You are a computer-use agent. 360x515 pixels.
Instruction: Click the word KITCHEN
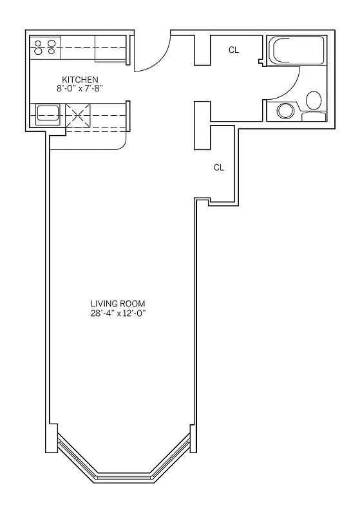(80, 80)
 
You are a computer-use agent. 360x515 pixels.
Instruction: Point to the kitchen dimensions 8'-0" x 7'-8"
(80, 89)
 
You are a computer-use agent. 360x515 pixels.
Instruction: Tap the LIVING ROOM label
(118, 304)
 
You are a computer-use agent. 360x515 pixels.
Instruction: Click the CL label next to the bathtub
(234, 50)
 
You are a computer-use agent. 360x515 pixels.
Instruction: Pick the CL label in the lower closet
(219, 167)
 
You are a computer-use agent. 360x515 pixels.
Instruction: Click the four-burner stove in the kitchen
(45, 46)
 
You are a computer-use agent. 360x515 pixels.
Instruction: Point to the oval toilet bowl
(314, 100)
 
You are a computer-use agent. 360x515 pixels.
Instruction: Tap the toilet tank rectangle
(314, 117)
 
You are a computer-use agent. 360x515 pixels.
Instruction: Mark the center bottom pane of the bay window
(123, 476)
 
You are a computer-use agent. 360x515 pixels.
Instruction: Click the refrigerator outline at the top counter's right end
(110, 49)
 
